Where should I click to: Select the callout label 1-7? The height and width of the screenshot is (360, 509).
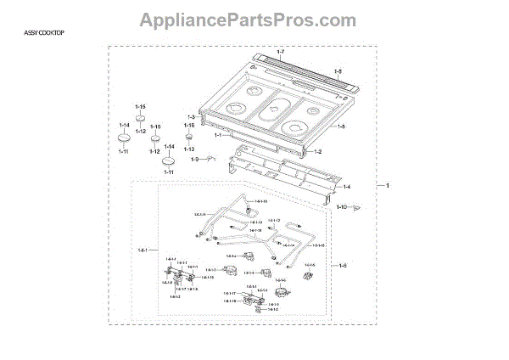coord(281,53)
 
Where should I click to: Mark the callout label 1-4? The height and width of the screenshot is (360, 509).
coord(346,186)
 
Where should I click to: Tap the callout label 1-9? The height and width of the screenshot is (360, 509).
coord(193,159)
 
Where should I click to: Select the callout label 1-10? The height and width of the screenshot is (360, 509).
coord(341,206)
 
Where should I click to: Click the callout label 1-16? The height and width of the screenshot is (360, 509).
coord(189,125)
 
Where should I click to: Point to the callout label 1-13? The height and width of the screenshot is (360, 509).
coord(189,149)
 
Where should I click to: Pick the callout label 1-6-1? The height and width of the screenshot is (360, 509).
coord(143,250)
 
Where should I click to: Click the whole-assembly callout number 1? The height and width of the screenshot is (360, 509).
coord(388,185)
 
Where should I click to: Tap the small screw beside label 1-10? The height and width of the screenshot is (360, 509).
coord(358,205)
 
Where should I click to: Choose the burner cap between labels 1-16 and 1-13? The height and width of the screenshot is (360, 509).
coord(189,136)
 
